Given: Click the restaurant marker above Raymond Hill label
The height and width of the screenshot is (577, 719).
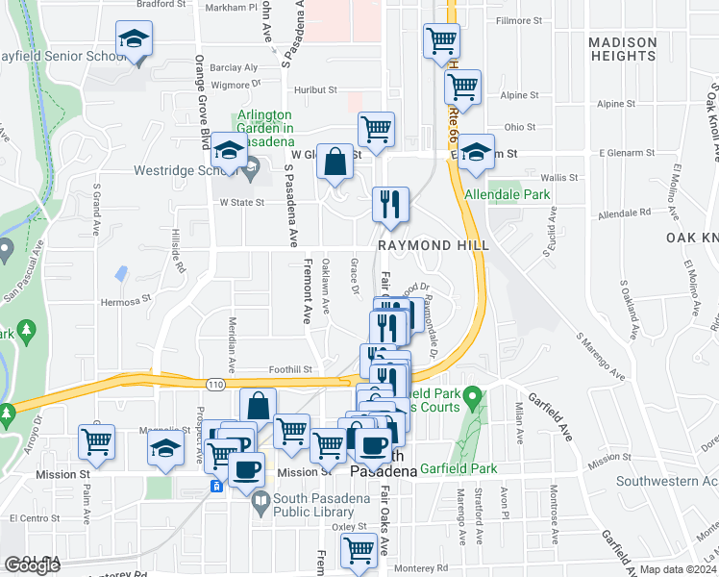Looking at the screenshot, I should point(391,204).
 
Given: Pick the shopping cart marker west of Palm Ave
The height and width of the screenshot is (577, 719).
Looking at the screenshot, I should point(96,441).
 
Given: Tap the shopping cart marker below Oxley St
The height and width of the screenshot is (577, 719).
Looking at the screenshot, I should point(359,552).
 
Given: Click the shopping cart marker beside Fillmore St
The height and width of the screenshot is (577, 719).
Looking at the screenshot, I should point(441,41).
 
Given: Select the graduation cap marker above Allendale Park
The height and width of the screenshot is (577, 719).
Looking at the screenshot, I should point(475,153).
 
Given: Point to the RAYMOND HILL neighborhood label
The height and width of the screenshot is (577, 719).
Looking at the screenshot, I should point(434,246).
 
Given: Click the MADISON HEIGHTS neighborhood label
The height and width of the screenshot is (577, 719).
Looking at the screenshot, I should point(622,49).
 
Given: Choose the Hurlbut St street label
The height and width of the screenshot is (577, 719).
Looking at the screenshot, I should point(316,89).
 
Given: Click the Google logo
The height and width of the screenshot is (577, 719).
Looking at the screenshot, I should point(32,565).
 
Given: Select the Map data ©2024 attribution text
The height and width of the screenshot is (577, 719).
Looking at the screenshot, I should point(677,569).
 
